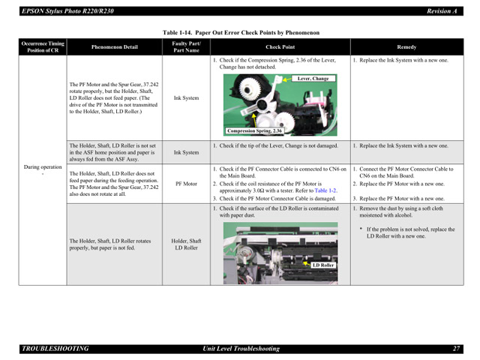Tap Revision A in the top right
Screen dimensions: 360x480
click(x=442, y=11)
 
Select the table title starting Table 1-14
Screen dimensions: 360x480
click(x=241, y=33)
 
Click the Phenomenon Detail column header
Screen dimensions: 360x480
click(x=114, y=47)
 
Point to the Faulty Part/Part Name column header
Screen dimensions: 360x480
click(x=186, y=47)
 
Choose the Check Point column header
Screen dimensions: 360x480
click(x=280, y=47)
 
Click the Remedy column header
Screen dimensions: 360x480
click(x=406, y=47)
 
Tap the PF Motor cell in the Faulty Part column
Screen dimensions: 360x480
click(x=186, y=182)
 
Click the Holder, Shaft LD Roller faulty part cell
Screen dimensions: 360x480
click(x=186, y=244)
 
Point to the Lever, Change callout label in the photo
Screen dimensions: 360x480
click(x=312, y=78)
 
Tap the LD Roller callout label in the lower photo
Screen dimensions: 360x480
click(x=323, y=265)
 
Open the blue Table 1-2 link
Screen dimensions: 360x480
click(x=325, y=190)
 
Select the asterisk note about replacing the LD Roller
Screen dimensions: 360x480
click(x=409, y=232)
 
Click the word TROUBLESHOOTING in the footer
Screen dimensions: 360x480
click(x=55, y=349)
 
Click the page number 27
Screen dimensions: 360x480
click(x=456, y=349)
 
